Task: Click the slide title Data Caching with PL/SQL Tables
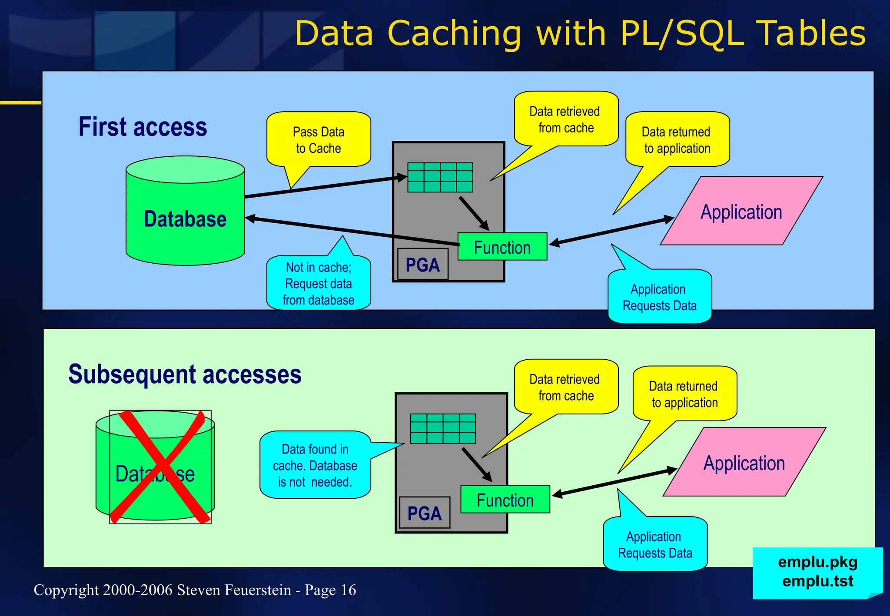point(580,34)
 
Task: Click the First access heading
point(143,127)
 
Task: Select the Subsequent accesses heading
point(185,374)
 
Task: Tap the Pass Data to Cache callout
point(319,140)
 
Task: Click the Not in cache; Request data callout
point(319,283)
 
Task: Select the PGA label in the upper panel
point(422,265)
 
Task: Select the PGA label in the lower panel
point(425,513)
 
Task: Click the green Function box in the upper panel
point(502,247)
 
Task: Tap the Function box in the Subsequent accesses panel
point(505,500)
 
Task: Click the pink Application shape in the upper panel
point(741,212)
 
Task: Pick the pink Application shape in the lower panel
point(744,463)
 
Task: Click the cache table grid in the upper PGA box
point(440,177)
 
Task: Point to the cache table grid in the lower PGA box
point(443,428)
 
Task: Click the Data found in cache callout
point(315,465)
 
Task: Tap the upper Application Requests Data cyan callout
point(659,297)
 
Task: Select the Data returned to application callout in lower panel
point(684,394)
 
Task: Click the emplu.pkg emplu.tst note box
point(817,572)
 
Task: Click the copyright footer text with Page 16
point(195,590)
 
